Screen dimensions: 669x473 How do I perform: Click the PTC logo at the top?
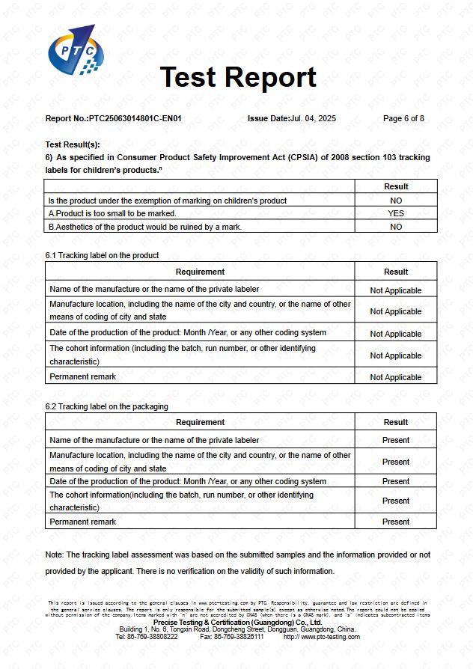tap(73, 49)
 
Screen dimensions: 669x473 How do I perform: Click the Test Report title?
tap(238, 77)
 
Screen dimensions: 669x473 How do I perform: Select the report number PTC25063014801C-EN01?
tap(135, 118)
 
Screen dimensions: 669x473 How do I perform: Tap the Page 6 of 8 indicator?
tap(403, 118)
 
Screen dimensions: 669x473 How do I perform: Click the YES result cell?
tap(396, 213)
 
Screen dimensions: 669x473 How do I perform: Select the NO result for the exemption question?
tap(396, 201)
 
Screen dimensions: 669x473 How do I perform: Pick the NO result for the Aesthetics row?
tap(396, 227)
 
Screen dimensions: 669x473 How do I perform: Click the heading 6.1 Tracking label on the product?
tap(102, 255)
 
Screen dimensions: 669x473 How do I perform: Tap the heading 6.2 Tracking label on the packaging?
tap(106, 406)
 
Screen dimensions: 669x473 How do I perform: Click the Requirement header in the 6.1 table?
tap(200, 272)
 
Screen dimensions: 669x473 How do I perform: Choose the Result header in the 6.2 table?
tap(396, 422)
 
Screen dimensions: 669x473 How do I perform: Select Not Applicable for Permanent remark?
tap(396, 377)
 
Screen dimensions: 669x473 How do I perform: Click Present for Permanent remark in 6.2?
tap(396, 522)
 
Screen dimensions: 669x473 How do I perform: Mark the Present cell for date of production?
tap(396, 481)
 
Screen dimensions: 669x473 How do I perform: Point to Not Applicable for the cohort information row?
tap(396, 355)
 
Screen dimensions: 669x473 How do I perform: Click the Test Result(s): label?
tap(73, 144)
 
